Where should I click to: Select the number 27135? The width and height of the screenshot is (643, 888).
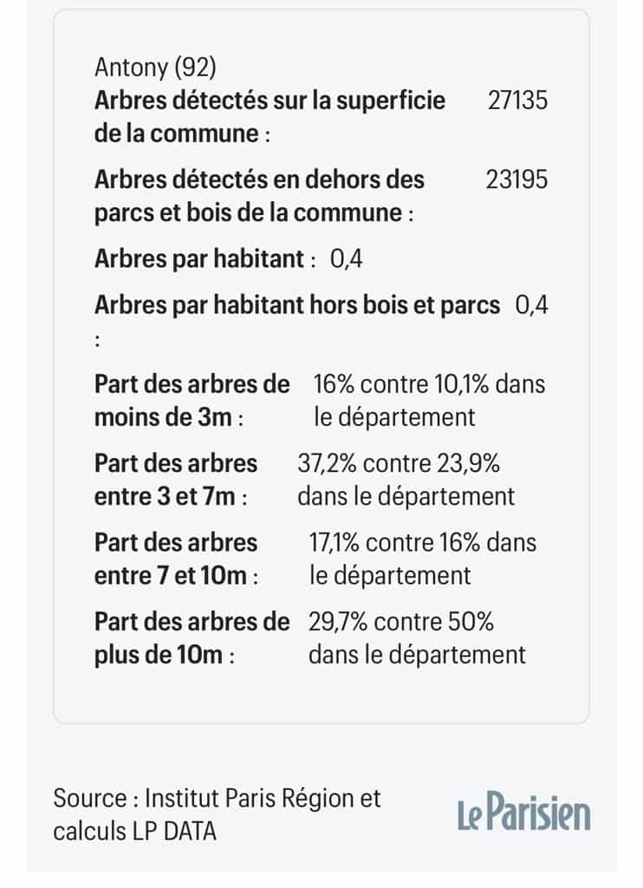[517, 101]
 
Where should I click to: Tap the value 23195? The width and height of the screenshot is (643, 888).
[517, 180]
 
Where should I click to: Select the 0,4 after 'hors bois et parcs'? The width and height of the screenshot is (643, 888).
[531, 305]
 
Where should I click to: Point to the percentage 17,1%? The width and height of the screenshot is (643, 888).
[334, 543]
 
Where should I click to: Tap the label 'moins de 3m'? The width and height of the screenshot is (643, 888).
[163, 417]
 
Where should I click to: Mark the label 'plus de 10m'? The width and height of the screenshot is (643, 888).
[158, 655]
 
